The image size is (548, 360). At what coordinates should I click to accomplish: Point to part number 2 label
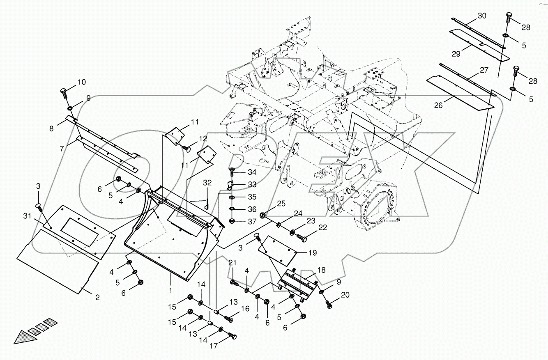click(97, 298)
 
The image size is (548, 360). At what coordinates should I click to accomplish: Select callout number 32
click(207, 182)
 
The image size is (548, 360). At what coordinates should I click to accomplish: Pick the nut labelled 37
click(232, 221)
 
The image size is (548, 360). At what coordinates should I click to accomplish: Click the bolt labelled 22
click(302, 237)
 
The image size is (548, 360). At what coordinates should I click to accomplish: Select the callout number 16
click(245, 308)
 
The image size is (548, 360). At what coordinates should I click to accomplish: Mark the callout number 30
click(482, 16)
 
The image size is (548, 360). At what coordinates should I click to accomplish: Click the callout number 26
click(439, 105)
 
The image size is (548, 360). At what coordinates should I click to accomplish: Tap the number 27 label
click(484, 70)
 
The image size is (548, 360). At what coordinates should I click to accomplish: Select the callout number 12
click(203, 138)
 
